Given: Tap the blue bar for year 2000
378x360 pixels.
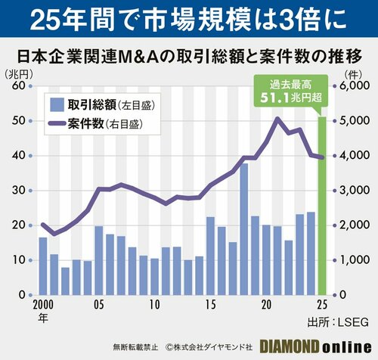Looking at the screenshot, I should (43, 265).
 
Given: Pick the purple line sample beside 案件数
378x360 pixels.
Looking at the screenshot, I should (57, 122).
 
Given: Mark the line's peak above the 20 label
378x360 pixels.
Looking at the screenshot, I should (277, 119).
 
